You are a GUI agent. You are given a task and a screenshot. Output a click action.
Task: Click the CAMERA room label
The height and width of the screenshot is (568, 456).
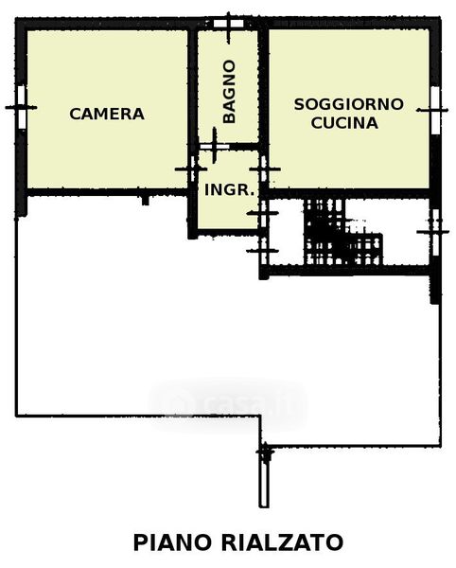click(x=107, y=114)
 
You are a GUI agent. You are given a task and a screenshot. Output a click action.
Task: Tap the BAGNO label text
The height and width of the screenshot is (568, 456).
click(x=230, y=92)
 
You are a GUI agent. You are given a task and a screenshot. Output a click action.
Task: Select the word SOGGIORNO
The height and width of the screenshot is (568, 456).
click(x=348, y=104)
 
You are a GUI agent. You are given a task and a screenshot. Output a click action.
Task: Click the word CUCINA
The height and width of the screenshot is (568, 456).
click(x=344, y=123)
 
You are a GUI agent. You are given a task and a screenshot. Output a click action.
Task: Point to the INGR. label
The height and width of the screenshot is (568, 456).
click(x=230, y=190)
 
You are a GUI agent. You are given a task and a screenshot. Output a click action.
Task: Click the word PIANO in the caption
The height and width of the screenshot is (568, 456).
click(x=172, y=542)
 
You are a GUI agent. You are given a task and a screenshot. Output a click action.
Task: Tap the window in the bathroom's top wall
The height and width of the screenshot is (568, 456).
click(x=228, y=24)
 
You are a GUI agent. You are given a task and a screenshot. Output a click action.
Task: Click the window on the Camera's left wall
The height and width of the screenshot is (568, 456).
click(x=22, y=107)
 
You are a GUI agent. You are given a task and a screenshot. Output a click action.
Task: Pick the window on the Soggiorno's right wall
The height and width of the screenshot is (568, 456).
click(x=435, y=110)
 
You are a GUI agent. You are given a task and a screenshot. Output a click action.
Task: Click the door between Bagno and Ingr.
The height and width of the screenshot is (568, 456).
click(x=214, y=147)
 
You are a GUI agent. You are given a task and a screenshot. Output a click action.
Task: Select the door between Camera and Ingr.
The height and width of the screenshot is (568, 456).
click(x=192, y=169)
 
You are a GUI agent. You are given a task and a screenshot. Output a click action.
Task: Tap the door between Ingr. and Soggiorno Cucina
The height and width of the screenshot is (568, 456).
click(x=264, y=169)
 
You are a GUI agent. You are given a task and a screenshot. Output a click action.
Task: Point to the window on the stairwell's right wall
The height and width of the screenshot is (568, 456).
click(x=436, y=232)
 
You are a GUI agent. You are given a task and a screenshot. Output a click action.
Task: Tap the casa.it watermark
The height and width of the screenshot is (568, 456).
click(x=228, y=403)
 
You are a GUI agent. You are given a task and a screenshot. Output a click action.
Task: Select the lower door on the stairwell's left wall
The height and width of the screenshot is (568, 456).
click(x=264, y=251)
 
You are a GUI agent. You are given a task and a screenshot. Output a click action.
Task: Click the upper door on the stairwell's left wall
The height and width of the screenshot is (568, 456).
click(x=264, y=213)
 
